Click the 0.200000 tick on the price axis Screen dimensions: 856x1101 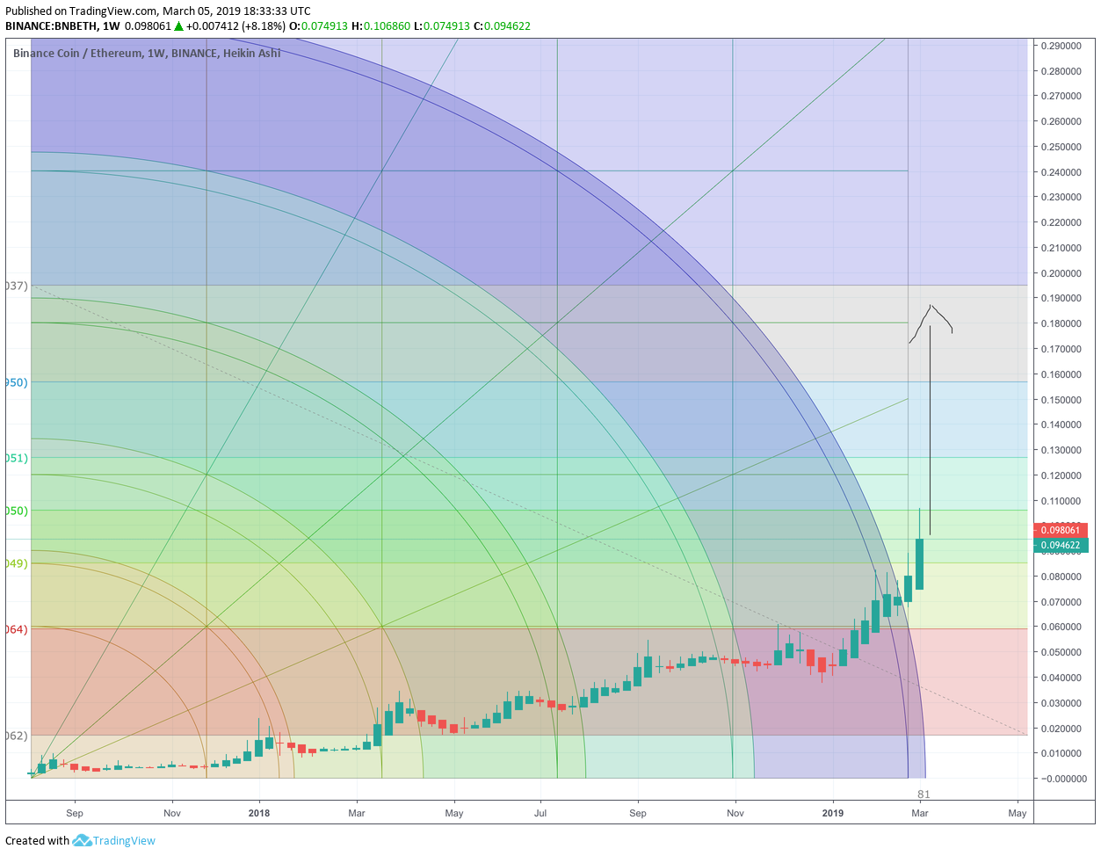(1061, 273)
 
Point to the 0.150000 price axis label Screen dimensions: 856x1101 (1061, 400)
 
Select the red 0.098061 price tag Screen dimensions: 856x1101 (1061, 530)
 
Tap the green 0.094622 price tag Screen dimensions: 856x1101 (1061, 546)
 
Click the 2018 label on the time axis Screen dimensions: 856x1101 (259, 813)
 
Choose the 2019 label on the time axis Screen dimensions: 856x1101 (833, 813)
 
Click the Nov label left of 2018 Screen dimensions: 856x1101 (172, 813)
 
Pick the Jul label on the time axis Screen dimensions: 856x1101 (540, 813)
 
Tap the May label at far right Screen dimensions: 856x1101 (1018, 813)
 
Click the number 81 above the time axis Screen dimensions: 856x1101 (924, 794)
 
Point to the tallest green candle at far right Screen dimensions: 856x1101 (920, 563)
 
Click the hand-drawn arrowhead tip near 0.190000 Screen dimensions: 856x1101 (930, 306)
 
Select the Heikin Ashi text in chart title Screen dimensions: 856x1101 (252, 54)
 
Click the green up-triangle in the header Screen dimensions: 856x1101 (179, 25)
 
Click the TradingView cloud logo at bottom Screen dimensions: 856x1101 (83, 841)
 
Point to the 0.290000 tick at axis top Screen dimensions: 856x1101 (1061, 46)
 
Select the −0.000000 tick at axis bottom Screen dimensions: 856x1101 (1061, 779)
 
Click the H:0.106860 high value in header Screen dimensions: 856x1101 (380, 25)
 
